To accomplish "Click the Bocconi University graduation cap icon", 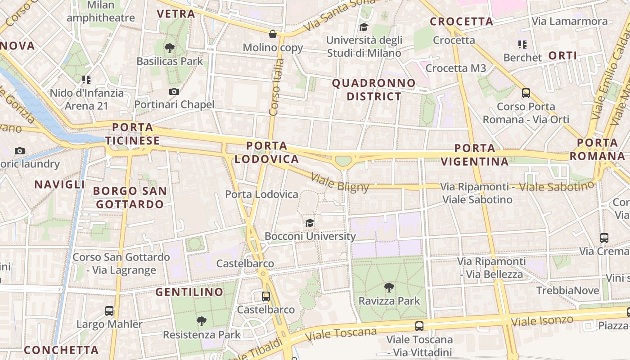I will tap(310, 223).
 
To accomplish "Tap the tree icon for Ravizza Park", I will tap(389, 287).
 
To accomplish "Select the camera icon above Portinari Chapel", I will tap(174, 91).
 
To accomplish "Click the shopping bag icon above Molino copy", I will tap(272, 34).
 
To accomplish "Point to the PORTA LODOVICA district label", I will tap(267, 153).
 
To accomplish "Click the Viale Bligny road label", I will tap(340, 183).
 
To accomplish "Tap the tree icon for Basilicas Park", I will tap(170, 48).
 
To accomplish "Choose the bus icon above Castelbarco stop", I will tap(266, 296).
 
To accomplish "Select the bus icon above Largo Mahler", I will tap(109, 310).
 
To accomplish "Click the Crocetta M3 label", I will tap(456, 68).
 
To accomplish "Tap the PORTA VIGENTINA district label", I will tap(475, 155).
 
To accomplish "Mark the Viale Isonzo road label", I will tap(542, 321).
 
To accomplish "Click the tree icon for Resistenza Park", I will tap(202, 321).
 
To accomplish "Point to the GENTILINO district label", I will tap(189, 292).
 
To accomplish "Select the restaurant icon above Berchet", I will tap(522, 44).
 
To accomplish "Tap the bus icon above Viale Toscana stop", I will tap(419, 326).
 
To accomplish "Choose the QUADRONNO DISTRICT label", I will tap(374, 90).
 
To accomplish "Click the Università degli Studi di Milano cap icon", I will tap(364, 27).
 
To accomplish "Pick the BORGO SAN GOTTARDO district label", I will tap(130, 198).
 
